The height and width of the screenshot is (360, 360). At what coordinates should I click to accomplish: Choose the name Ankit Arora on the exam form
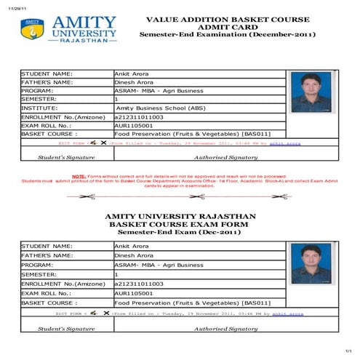[132, 246]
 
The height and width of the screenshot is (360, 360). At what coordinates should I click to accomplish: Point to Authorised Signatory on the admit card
[225, 156]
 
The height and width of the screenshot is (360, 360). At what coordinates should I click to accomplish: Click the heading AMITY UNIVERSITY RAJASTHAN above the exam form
[180, 217]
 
